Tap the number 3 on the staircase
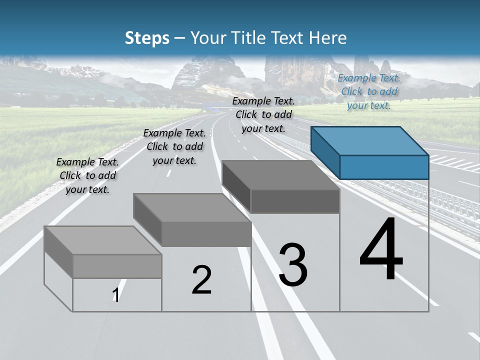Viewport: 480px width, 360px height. [293, 265]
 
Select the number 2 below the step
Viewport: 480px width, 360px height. [202, 279]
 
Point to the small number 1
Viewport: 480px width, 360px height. [115, 295]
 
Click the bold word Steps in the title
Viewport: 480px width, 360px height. [147, 38]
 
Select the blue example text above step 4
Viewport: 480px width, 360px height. [369, 91]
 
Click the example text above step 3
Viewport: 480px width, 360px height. [264, 114]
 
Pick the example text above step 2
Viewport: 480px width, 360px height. [174, 146]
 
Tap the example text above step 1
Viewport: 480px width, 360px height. [87, 175]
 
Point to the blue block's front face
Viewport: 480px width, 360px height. [384, 167]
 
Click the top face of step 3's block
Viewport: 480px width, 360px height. [280, 175]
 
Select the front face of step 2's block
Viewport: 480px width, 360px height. [206, 234]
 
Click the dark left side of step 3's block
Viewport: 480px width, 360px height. [236, 185]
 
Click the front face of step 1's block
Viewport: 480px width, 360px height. [117, 266]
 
